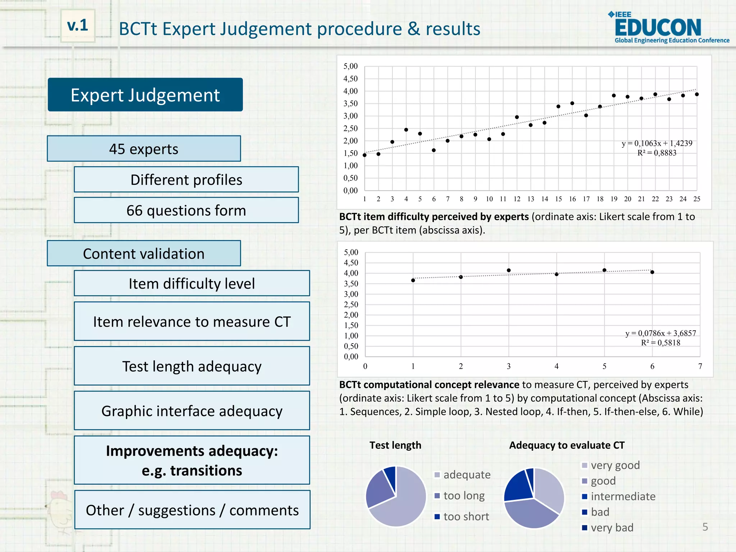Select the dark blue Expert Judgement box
[x=145, y=95]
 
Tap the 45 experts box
[x=144, y=149]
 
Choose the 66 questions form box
[x=186, y=210]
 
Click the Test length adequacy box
[x=192, y=366]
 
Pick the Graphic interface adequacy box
[x=192, y=411]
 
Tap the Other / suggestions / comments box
[x=192, y=510]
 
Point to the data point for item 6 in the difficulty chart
[x=434, y=150]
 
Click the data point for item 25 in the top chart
[x=697, y=94]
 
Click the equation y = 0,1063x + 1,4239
[x=657, y=143]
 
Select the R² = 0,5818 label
[x=661, y=342]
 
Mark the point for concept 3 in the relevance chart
[x=509, y=270]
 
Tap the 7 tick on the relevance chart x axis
[x=700, y=366]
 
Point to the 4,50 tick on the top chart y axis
[x=350, y=78]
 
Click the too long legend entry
[x=464, y=496]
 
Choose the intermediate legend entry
[x=623, y=496]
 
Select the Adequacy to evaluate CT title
[x=567, y=445]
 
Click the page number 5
[x=705, y=527]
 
